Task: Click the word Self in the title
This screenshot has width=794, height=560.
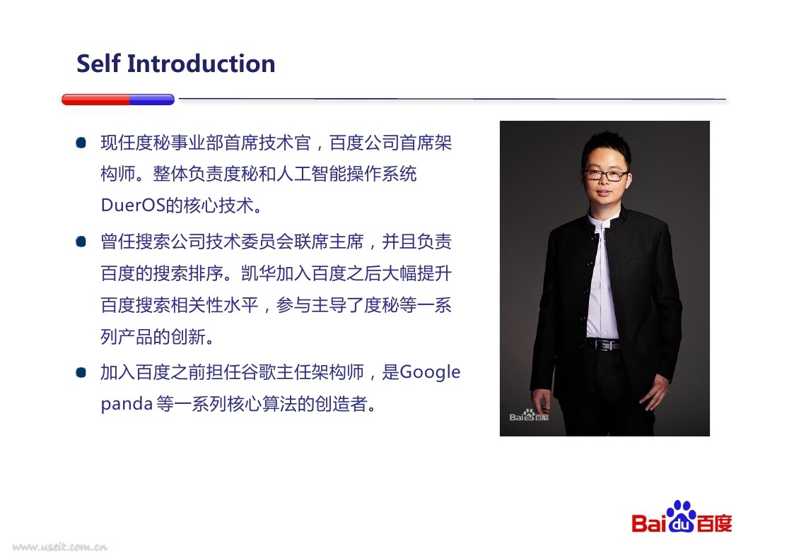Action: [99, 64]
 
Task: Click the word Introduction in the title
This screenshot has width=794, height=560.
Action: [201, 64]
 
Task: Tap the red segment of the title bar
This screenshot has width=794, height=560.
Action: [95, 100]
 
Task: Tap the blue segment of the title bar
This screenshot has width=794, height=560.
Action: [152, 100]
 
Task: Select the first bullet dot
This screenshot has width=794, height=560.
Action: [81, 143]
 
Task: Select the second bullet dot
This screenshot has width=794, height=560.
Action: [81, 242]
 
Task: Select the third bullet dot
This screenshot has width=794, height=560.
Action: [81, 372]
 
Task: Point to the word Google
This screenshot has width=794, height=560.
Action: [430, 373]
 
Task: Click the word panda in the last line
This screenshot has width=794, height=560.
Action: [127, 404]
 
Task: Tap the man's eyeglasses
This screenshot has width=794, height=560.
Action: [606, 175]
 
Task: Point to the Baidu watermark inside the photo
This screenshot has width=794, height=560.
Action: [529, 415]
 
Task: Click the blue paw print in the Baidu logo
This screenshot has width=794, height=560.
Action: [681, 516]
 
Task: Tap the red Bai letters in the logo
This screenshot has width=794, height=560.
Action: [648, 523]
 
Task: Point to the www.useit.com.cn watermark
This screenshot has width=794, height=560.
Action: [60, 547]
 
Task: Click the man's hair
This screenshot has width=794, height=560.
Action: [606, 146]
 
